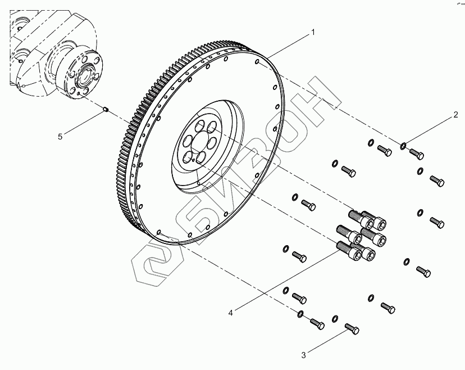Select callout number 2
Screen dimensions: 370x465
456,116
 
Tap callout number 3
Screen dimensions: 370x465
303,355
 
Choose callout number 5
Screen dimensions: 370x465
61,135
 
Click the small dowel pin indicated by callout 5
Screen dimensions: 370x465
106,110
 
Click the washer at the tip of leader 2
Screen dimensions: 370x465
403,147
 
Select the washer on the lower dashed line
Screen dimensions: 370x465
300,313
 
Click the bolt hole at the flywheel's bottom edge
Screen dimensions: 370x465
159,231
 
